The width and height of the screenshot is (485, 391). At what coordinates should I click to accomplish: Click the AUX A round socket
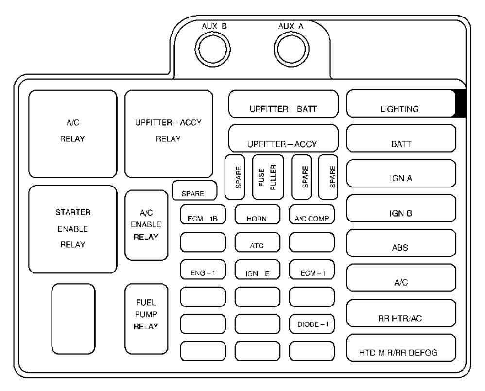click(x=290, y=48)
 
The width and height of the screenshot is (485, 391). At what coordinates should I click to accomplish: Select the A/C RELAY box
click(x=73, y=133)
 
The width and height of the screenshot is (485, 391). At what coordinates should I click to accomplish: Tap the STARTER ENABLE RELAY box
click(x=73, y=229)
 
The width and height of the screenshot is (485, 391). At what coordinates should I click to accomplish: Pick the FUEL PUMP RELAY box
click(x=146, y=318)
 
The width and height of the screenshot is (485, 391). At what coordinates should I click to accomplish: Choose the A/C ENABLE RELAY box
click(x=146, y=226)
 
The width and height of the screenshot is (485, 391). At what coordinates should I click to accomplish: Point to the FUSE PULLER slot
click(x=269, y=177)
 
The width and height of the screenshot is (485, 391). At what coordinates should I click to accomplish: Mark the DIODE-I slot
click(x=312, y=323)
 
